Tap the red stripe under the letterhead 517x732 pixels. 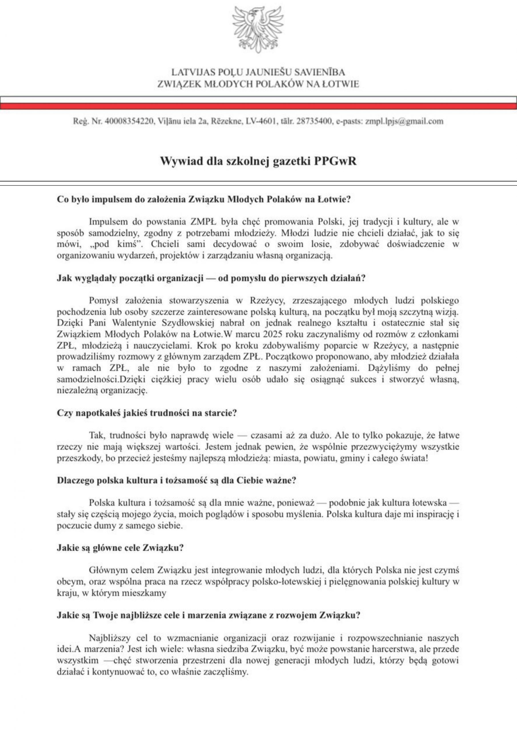pyautogui.click(x=258, y=106)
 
